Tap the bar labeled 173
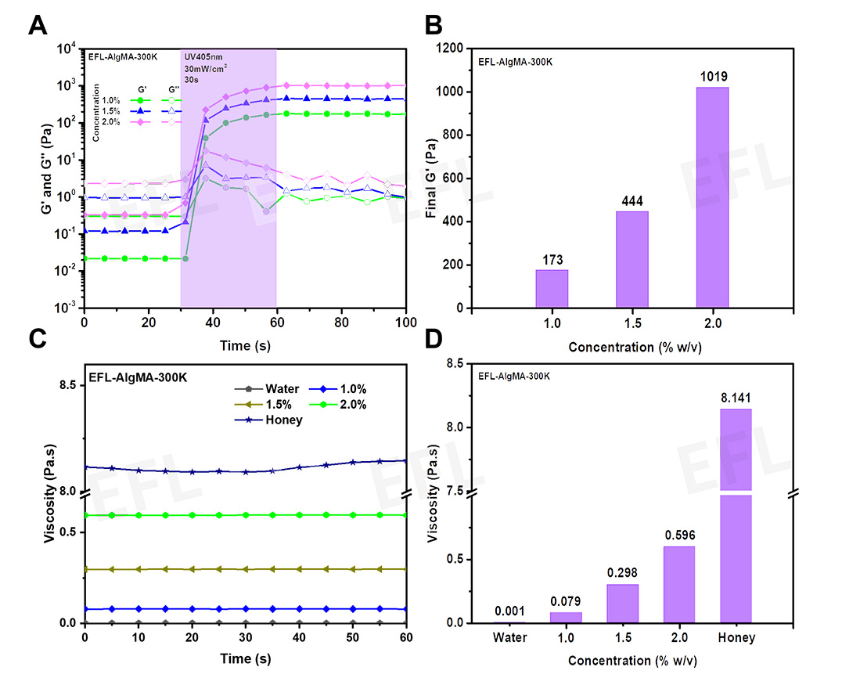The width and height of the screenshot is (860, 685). (552, 289)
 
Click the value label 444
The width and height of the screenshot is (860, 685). (632, 200)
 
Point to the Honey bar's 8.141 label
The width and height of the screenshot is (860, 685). (736, 398)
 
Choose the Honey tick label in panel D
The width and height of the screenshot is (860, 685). (736, 638)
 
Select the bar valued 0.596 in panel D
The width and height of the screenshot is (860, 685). (678, 584)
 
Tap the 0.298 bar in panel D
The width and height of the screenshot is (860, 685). (622, 603)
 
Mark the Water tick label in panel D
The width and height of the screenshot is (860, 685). (509, 638)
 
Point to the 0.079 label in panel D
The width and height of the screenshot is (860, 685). (565, 600)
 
